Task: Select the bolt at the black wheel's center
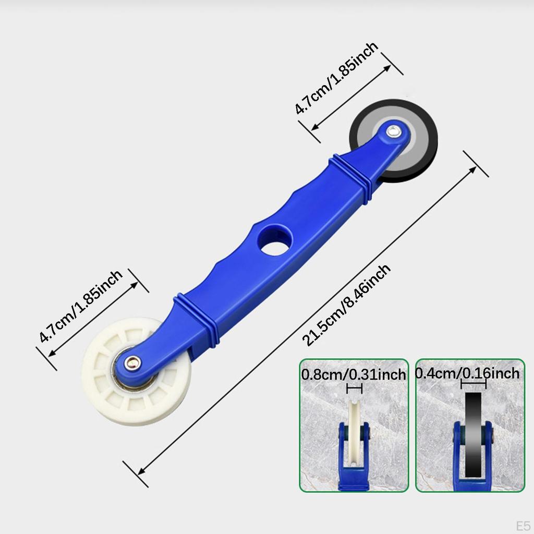[394, 131]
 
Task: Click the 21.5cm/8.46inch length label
[347, 305]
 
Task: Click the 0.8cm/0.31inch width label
[354, 374]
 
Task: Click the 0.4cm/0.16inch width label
[467, 373]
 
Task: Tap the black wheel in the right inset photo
[473, 433]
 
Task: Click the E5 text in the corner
[523, 525]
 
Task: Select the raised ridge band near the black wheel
[352, 175]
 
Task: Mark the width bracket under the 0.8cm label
[354, 389]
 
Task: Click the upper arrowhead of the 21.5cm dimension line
[472, 169]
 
